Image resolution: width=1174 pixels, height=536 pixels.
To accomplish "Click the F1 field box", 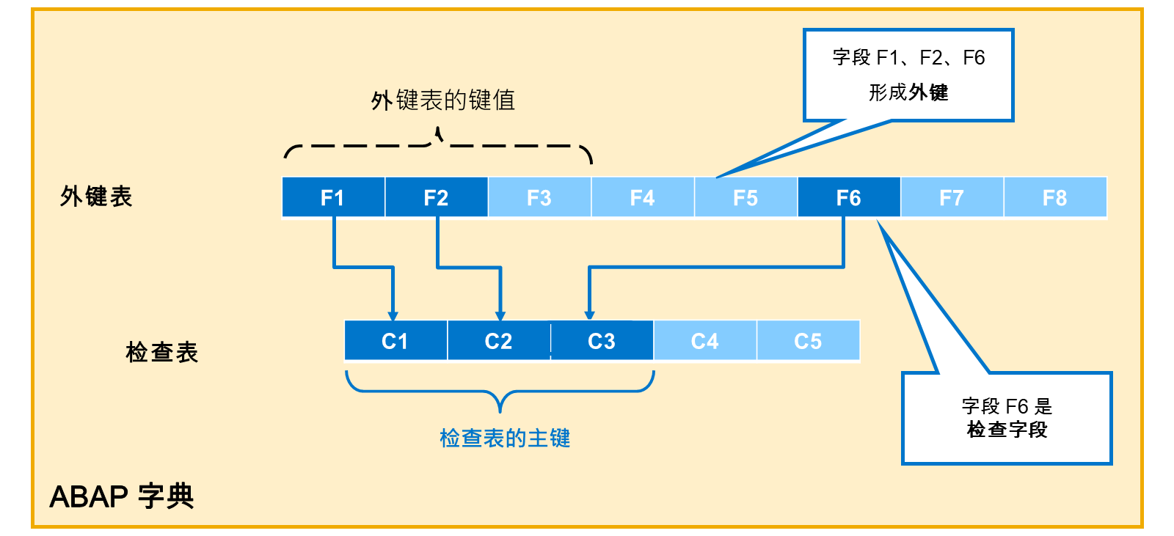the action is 333,197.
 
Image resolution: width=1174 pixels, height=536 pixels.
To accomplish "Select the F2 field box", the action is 437,197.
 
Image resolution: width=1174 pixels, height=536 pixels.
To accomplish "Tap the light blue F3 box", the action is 540,197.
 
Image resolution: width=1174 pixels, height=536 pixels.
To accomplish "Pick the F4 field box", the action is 643,197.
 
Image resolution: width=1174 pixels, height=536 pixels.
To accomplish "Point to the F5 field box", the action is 746,197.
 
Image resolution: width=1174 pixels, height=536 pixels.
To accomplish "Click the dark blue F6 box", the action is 849,197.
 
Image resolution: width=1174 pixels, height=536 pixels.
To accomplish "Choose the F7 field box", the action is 952,197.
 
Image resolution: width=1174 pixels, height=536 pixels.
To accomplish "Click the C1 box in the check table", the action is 395,340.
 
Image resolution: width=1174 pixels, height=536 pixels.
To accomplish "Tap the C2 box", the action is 499,340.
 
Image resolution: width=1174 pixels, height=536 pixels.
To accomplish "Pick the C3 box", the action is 602,340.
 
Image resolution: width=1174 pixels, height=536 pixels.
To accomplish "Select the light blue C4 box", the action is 705,340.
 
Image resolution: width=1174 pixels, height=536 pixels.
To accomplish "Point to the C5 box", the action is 809,340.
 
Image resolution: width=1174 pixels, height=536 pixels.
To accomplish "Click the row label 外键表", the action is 96,197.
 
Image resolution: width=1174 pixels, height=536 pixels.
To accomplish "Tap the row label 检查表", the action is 162,351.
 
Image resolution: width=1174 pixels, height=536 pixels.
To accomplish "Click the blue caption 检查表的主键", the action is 505,438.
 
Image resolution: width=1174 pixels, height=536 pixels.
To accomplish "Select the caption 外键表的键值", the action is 443,100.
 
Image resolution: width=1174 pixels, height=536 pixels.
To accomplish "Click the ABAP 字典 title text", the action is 122,496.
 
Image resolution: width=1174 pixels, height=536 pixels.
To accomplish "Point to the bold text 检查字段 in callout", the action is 1007,430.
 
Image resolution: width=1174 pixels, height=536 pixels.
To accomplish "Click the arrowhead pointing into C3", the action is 590,315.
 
